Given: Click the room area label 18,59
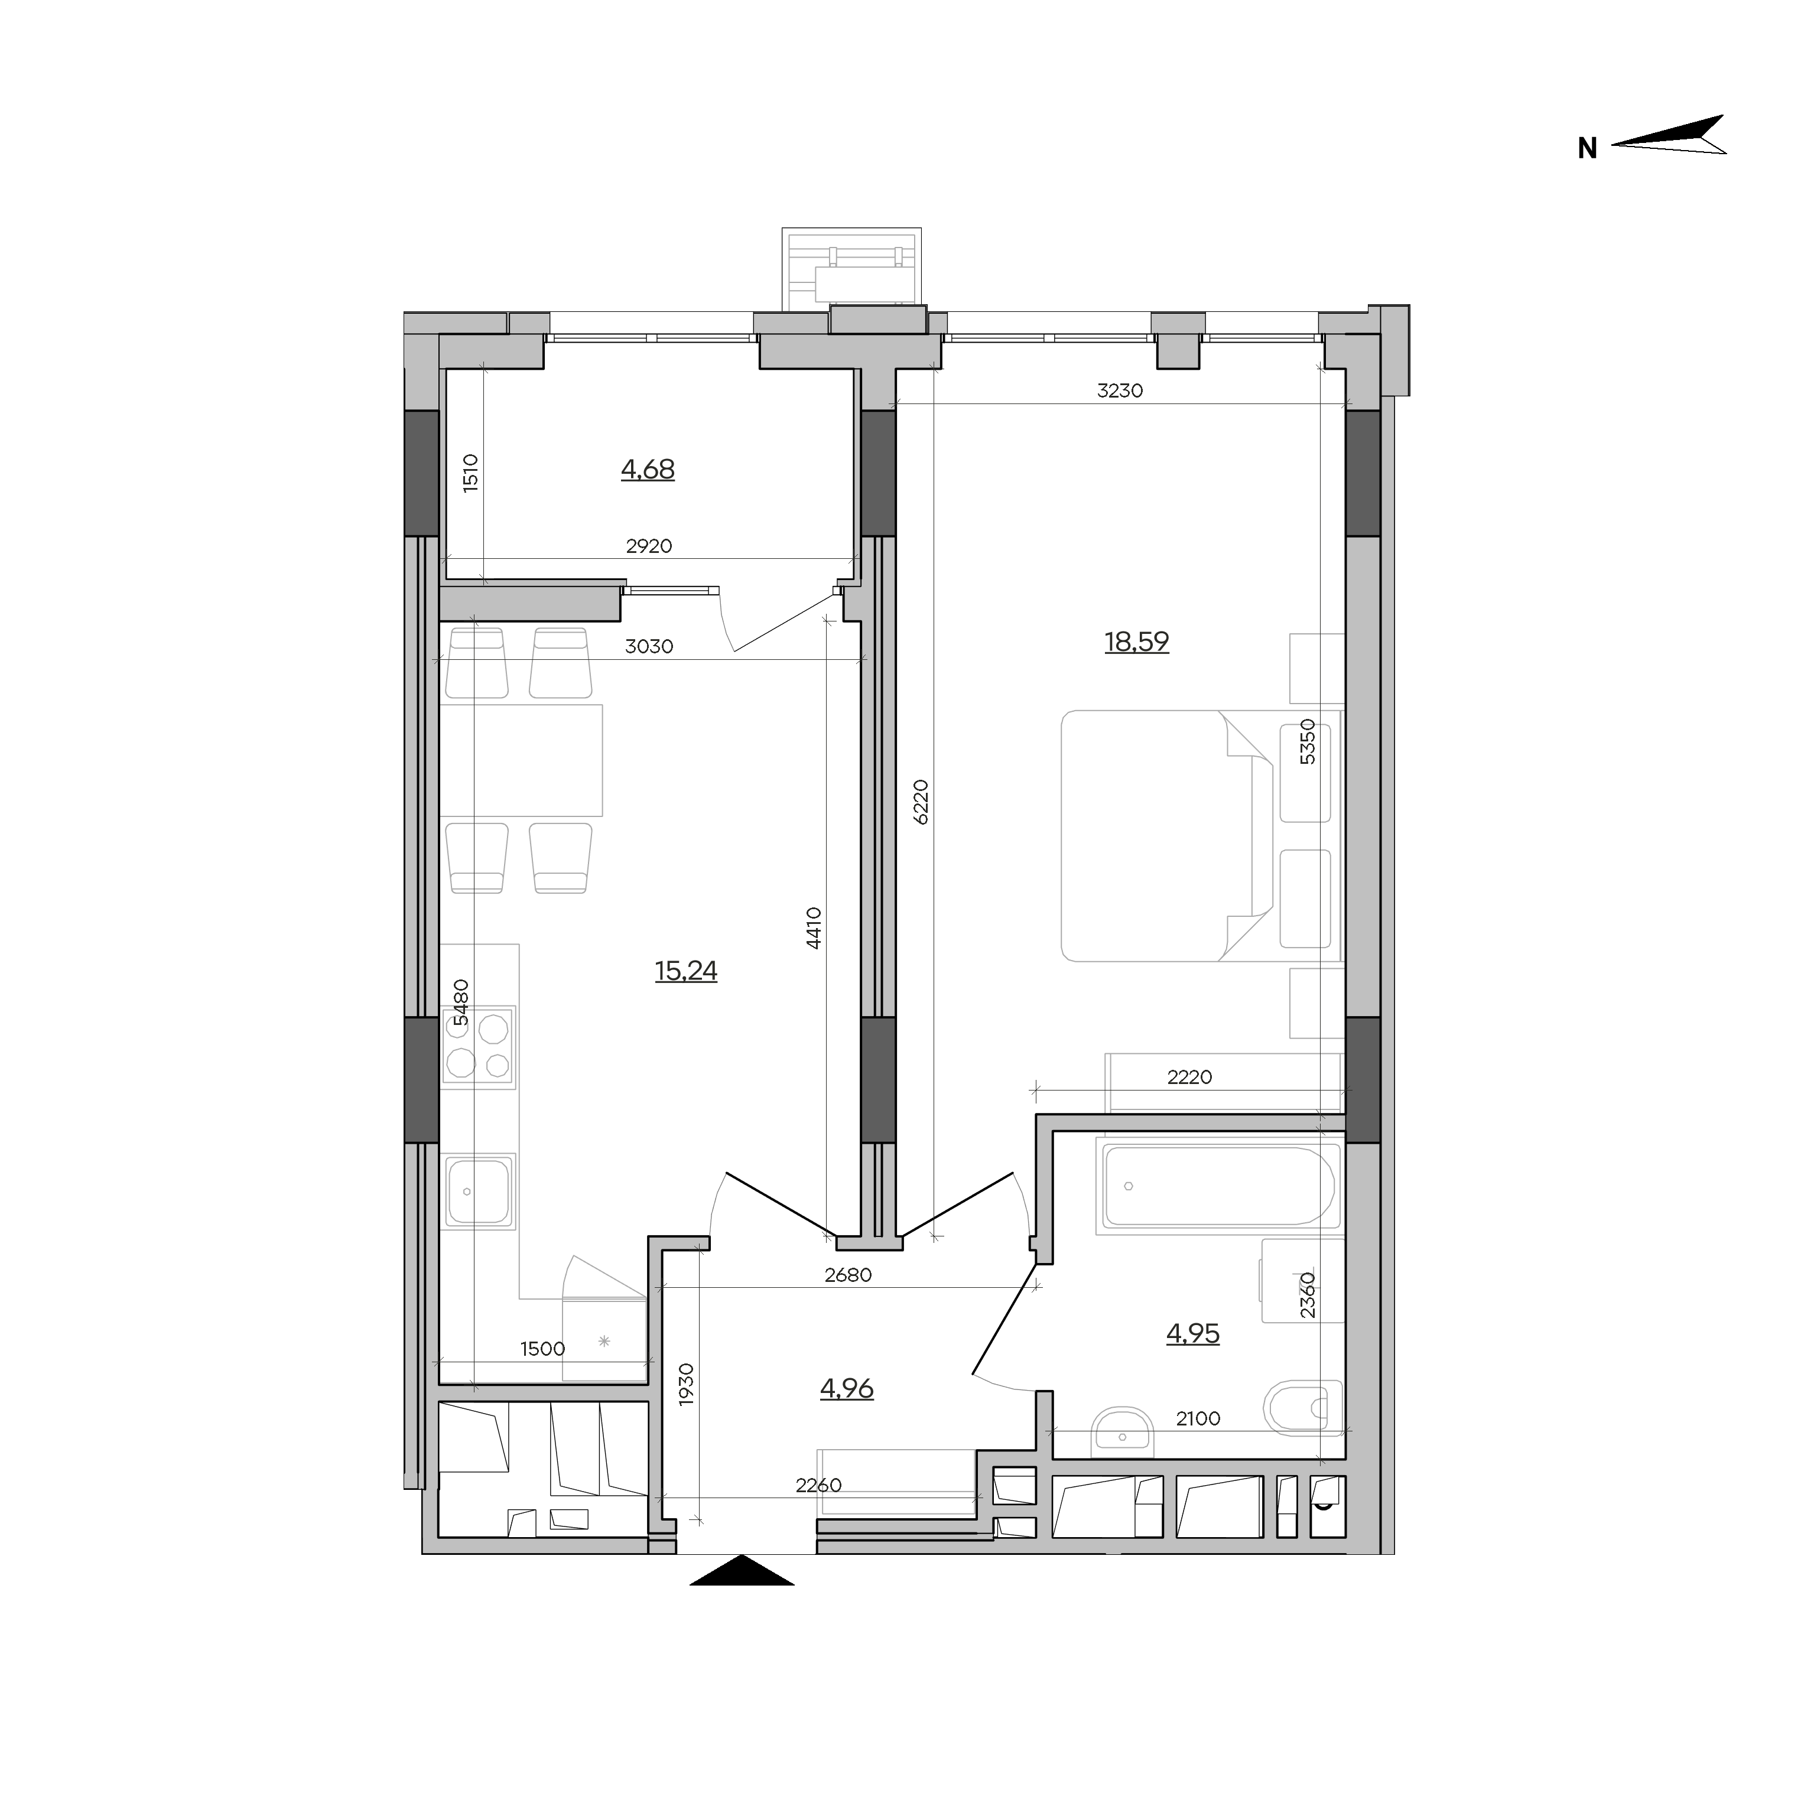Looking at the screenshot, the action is point(1136,642).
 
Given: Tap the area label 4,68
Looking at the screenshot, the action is point(648,470).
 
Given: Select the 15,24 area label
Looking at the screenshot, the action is point(687,971).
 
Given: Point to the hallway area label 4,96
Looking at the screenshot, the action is point(847,1388).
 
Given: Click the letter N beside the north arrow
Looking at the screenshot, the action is point(1587,148).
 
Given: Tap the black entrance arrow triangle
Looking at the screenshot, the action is point(742,1570).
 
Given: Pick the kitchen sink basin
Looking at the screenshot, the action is point(479,1192).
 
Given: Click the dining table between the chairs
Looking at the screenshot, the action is point(521,760).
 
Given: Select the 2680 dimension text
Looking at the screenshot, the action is point(848,1275).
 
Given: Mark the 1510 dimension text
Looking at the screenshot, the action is point(470,473).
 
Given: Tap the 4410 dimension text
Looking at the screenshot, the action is point(814,929).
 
